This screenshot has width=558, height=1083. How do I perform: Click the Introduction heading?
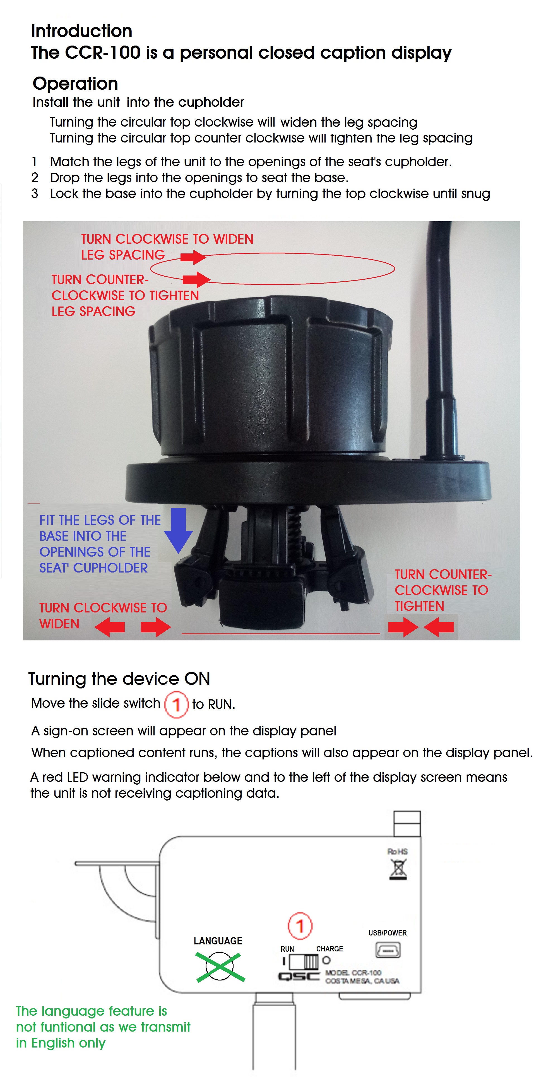click(x=81, y=31)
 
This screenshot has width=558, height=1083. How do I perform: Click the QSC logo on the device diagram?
click(x=299, y=976)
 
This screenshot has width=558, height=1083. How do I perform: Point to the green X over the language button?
click(x=220, y=967)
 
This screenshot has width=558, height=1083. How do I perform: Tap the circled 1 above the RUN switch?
click(x=300, y=926)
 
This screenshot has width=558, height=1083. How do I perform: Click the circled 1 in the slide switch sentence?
click(x=176, y=704)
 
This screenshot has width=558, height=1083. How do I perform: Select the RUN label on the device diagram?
click(x=287, y=949)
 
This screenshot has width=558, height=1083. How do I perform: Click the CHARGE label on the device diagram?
click(x=329, y=949)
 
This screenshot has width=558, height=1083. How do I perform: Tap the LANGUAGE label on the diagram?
click(x=218, y=941)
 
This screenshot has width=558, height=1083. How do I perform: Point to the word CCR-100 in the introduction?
click(x=103, y=53)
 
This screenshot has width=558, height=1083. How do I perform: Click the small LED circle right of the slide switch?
click(x=326, y=960)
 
